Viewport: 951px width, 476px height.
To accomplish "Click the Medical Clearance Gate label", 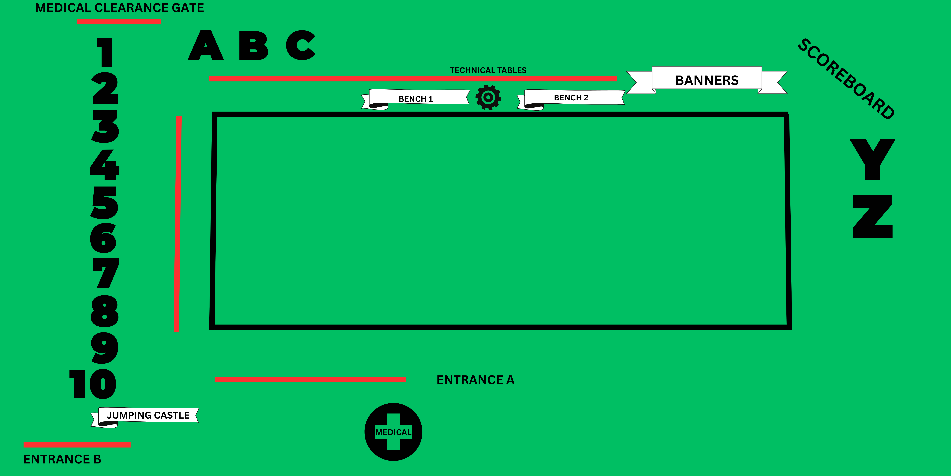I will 119,8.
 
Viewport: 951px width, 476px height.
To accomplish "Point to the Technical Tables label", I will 488,70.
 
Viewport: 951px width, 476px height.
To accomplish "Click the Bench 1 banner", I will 416,99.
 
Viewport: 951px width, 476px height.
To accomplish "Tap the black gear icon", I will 488,97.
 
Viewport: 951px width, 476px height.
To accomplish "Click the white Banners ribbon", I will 707,80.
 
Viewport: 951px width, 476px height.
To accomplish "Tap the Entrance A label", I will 475,380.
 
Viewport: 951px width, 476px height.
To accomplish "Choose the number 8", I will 104,311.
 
